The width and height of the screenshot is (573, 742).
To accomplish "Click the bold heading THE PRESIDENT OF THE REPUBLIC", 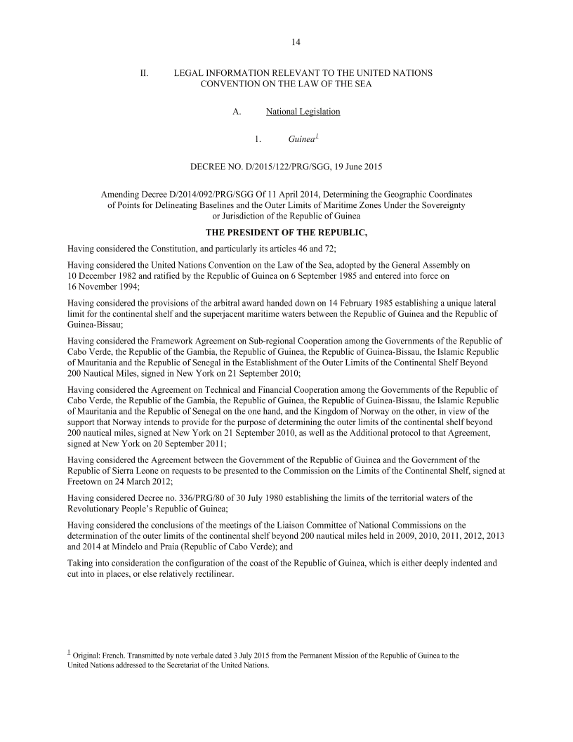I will tap(286, 233).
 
